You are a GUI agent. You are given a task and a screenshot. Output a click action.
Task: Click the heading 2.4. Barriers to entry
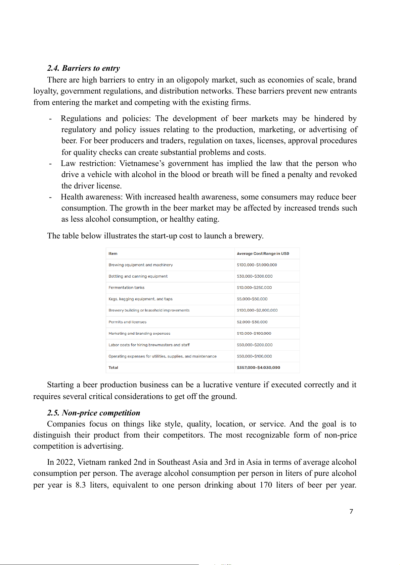click(x=83, y=68)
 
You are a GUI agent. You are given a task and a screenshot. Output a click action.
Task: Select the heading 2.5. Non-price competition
click(x=93, y=413)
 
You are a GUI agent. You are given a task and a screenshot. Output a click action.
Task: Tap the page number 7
click(x=351, y=511)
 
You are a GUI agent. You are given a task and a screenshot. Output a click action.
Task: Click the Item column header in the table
click(x=113, y=253)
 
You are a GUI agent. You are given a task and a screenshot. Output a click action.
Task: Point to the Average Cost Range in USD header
click(x=263, y=253)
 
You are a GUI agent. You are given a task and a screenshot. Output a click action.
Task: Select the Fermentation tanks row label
click(x=126, y=288)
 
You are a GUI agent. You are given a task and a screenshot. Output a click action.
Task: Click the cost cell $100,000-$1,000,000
click(x=257, y=265)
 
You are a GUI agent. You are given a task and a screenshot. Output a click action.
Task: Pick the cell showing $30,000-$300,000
click(x=255, y=276)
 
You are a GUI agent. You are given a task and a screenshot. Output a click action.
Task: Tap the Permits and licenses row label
click(x=127, y=322)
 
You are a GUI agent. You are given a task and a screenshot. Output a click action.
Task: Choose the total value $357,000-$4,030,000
click(x=258, y=368)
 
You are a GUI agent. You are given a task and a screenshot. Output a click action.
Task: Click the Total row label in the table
click(x=113, y=368)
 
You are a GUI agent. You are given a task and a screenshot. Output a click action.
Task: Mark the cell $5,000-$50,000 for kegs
click(x=252, y=299)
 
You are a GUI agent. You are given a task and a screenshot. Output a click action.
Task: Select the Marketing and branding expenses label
click(x=139, y=333)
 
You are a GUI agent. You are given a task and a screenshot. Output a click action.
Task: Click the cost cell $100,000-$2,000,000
click(x=257, y=310)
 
